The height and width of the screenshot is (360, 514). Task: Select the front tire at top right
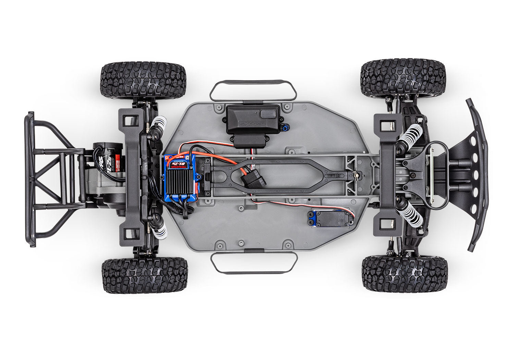click(x=403, y=78)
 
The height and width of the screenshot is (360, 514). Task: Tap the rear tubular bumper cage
click(x=51, y=178)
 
